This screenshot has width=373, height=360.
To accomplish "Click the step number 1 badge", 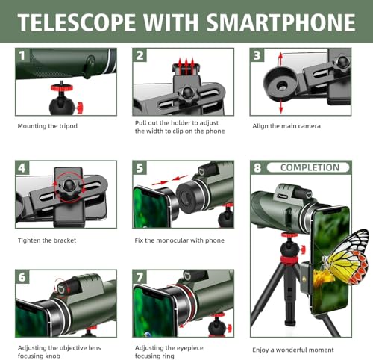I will coord(22,55).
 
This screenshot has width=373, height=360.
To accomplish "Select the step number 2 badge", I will coord(140,55).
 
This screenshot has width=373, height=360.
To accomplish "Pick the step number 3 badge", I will coord(257,55).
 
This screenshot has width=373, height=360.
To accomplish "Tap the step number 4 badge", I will coord(22,168).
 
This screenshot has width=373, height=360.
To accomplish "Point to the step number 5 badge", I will coord(140,168).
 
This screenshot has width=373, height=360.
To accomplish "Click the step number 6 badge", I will coord(22,276).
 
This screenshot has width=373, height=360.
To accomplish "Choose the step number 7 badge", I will coord(140,276).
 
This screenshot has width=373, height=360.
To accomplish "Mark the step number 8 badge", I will coord(257,168).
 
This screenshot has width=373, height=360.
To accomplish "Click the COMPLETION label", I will coord(309,167).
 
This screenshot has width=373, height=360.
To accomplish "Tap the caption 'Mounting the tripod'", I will coord(47,126).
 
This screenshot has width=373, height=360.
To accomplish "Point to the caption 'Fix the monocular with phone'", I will coord(180,240).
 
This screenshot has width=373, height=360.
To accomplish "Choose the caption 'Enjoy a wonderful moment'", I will coord(293,350).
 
